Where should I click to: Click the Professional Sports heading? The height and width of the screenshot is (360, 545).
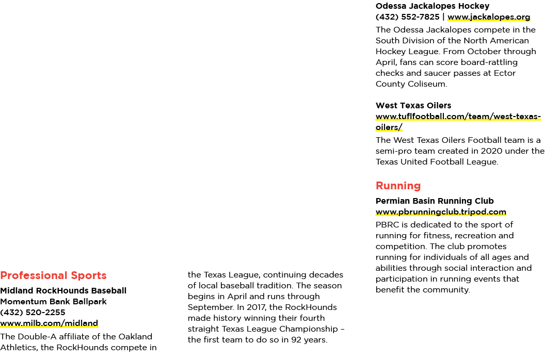[x=53, y=275]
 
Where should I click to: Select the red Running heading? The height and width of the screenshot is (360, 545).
[x=398, y=186]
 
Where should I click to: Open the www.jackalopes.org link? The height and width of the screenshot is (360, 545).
[x=489, y=17]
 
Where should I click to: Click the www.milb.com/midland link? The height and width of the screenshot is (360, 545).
[x=49, y=323]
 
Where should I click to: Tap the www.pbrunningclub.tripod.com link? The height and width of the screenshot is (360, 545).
[x=441, y=212]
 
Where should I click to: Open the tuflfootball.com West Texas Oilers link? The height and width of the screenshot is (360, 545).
[x=458, y=122]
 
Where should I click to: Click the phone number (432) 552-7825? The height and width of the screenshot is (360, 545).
[x=407, y=17]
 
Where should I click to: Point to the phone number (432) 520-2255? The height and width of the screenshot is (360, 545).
[x=33, y=313]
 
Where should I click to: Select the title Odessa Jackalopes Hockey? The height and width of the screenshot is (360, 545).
[x=432, y=6]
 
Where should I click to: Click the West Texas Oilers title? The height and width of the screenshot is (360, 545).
[x=413, y=106]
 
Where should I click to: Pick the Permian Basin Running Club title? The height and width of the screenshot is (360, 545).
[x=435, y=201]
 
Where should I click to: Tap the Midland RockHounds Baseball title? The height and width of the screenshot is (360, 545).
[x=63, y=291]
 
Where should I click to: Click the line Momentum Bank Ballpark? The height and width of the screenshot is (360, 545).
[x=53, y=302]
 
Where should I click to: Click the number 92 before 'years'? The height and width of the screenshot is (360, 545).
[x=296, y=340]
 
